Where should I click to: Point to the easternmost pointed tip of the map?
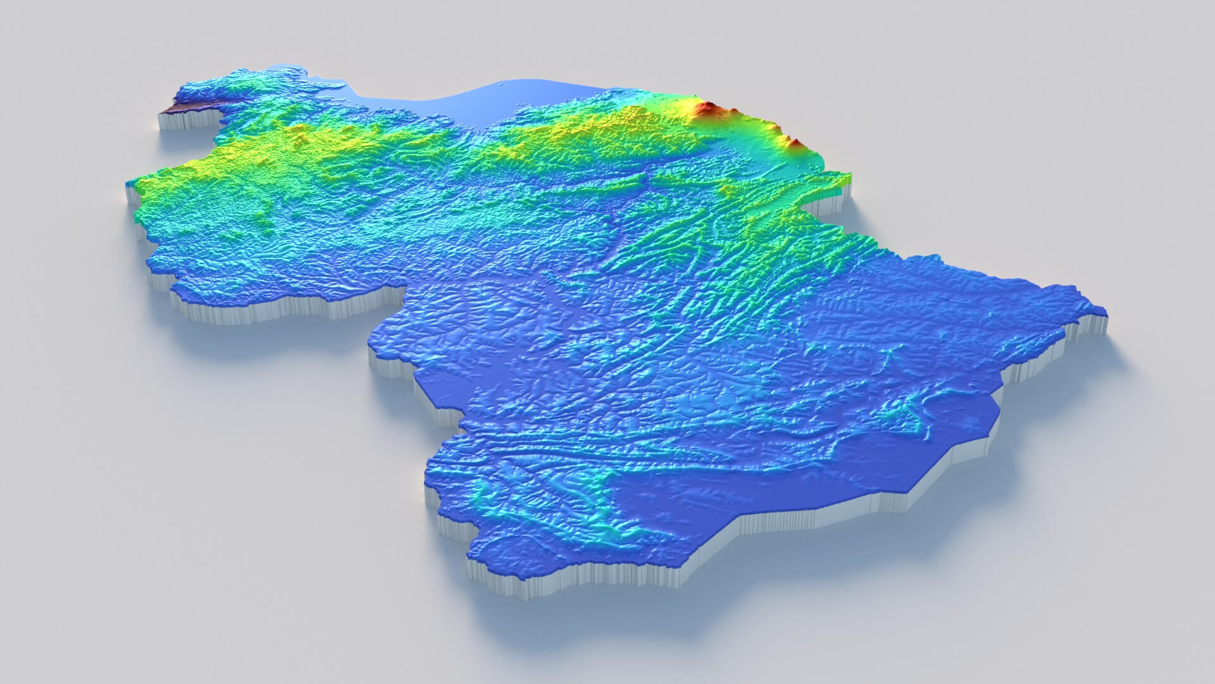[1104, 311]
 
